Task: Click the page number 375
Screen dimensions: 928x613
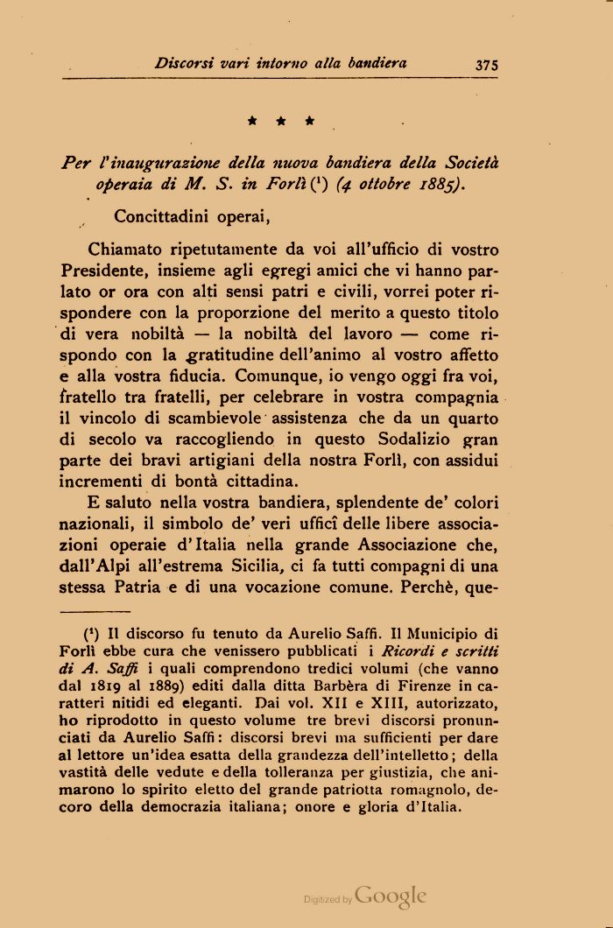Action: pos(487,63)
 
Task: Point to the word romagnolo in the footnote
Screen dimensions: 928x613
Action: pos(412,790)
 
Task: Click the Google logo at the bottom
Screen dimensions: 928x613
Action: pos(391,896)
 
